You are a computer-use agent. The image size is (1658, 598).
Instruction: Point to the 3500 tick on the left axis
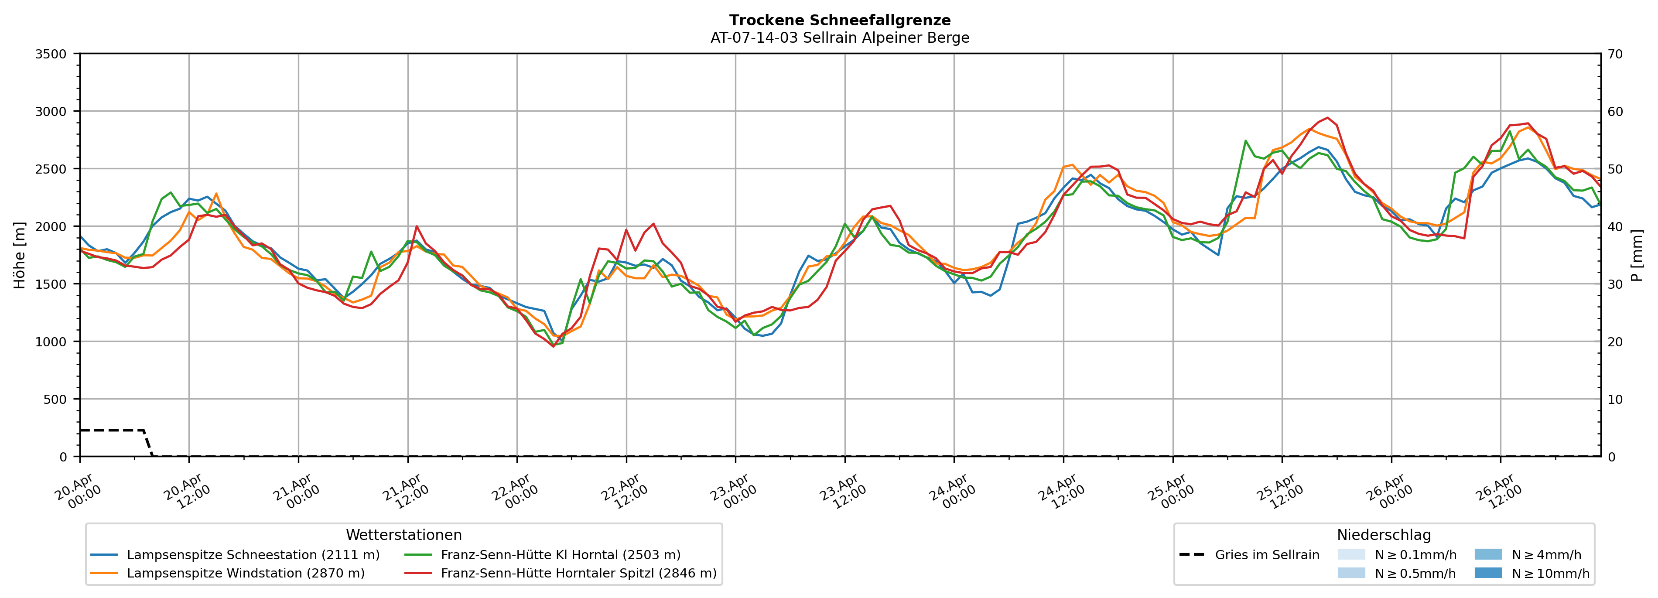[x=51, y=54]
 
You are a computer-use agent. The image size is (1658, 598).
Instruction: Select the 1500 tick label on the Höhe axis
[x=51, y=284]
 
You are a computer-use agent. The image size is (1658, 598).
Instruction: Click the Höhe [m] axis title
[x=19, y=256]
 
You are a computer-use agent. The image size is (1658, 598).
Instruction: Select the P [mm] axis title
[x=1637, y=256]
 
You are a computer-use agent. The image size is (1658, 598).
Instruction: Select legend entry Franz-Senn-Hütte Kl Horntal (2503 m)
[x=560, y=555]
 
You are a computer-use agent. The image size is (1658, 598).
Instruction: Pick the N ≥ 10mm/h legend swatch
[x=1488, y=573]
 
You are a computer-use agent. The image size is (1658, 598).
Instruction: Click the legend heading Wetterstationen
[x=403, y=535]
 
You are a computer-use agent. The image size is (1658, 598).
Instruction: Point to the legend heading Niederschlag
[x=1384, y=535]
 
